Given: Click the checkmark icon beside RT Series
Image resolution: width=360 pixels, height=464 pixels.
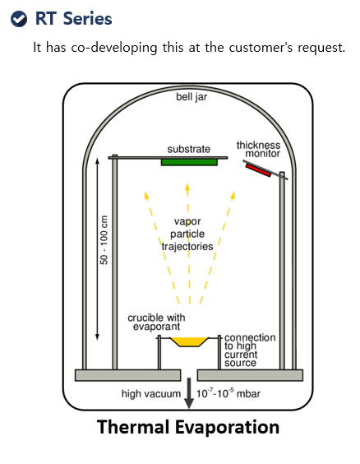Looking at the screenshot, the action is click(19, 19).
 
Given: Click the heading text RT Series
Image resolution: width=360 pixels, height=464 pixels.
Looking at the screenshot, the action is click(74, 18).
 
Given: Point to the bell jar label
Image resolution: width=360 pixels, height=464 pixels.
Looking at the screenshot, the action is click(192, 97).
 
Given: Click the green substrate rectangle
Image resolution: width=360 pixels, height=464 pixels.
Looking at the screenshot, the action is click(189, 162).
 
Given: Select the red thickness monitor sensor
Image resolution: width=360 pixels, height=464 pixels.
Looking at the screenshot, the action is click(258, 170).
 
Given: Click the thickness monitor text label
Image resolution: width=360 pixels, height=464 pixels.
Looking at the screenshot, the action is click(258, 149).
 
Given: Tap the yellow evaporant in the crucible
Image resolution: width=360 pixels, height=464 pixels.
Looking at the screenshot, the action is click(189, 341).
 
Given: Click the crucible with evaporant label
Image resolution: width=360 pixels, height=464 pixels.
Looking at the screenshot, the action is click(156, 322).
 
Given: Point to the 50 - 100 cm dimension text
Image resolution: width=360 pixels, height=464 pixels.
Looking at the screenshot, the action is click(104, 240).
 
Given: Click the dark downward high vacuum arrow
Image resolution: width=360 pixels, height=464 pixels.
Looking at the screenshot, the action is click(189, 393).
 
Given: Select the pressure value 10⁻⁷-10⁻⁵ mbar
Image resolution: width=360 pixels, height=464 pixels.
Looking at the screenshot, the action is click(228, 393).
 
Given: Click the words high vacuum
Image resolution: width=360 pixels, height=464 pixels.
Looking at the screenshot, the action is click(150, 393).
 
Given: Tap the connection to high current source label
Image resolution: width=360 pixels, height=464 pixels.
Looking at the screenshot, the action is click(250, 350).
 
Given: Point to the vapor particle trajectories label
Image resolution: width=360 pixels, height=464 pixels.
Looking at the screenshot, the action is click(187, 234).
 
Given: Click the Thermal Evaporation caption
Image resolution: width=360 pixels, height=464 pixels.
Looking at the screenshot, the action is click(188, 427).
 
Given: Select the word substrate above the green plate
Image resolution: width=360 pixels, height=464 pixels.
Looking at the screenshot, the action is click(189, 149).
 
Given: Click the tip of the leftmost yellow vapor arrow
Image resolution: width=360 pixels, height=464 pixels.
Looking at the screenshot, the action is click(145, 192).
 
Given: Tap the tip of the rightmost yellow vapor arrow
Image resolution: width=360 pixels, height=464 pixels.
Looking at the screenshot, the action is click(235, 192).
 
